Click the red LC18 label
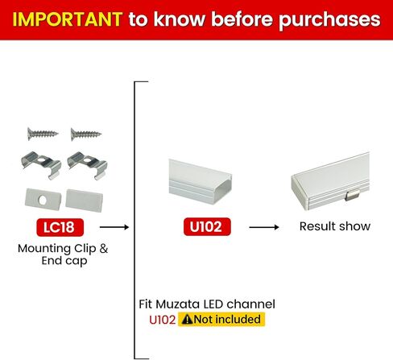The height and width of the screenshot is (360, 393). (x=62, y=227)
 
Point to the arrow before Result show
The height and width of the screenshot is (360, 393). (x=264, y=228)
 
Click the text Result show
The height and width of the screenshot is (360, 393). (x=335, y=226)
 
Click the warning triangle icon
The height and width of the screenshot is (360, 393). (x=187, y=320)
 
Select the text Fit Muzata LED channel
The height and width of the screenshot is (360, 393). (x=207, y=304)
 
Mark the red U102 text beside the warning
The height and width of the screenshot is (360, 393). (x=162, y=320)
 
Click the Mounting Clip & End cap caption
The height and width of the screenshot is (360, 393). (x=62, y=254)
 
